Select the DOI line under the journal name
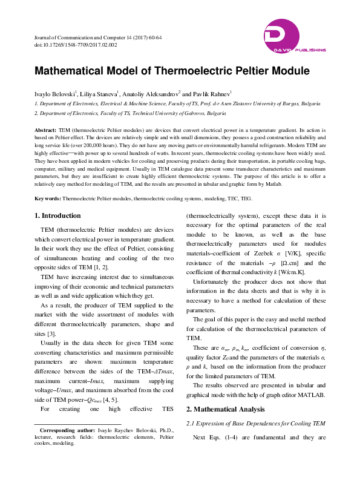[76, 45]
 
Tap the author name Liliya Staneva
[99, 94]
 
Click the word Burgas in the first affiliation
[318, 104]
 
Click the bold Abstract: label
[45, 130]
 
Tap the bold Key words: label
[48, 199]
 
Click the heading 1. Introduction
[57, 216]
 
